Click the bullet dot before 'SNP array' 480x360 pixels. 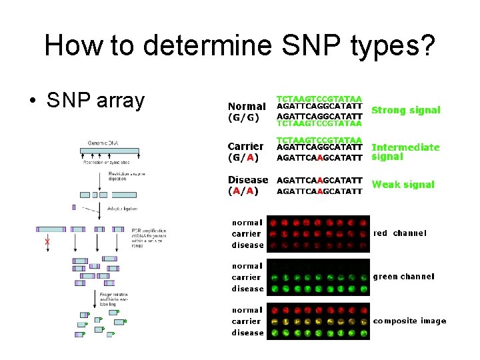[x=32, y=101]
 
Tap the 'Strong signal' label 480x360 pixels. [x=405, y=110]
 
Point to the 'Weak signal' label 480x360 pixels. [x=403, y=185]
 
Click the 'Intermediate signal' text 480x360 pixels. [x=405, y=152]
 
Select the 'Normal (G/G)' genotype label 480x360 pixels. [x=247, y=112]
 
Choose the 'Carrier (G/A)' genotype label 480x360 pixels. [x=245, y=152]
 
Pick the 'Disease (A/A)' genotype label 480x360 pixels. [x=247, y=185]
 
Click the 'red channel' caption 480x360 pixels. [x=399, y=233]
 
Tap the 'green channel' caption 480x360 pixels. [x=403, y=276]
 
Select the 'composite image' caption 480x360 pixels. [x=409, y=321]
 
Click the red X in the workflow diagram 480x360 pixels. [x=47, y=241]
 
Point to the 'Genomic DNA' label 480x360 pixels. [x=103, y=143]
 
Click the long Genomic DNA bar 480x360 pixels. [x=110, y=152]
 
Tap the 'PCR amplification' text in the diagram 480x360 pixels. [x=147, y=231]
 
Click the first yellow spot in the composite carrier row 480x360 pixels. [x=275, y=321]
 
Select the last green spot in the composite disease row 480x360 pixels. [x=362, y=333]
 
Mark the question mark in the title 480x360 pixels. [x=427, y=45]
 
